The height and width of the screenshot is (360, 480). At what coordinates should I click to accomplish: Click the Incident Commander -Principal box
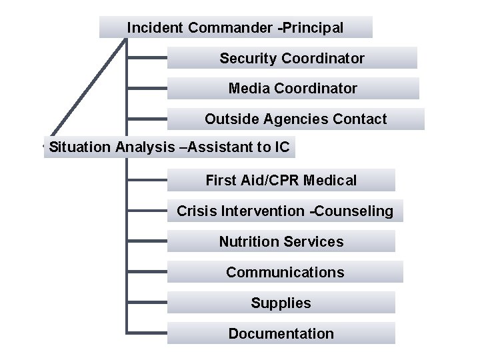tap(235, 27)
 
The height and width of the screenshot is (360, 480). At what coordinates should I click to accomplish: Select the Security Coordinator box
tap(292, 58)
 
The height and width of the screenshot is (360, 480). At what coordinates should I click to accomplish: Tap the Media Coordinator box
tap(293, 88)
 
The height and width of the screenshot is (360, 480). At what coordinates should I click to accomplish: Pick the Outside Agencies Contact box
tap(295, 119)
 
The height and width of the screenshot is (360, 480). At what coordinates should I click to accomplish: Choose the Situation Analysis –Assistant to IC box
tap(169, 147)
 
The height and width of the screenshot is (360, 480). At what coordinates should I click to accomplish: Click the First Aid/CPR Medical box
tap(281, 180)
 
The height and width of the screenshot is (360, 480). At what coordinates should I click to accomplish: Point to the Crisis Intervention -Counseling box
tap(285, 211)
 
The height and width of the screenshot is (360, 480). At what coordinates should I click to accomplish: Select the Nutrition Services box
tap(281, 241)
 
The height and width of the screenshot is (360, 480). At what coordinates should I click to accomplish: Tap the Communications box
tap(285, 272)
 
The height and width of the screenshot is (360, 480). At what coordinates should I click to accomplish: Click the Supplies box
tap(281, 303)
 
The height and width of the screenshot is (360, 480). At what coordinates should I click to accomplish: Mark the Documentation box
tap(281, 333)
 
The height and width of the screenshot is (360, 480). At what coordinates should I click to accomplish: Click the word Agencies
tap(293, 119)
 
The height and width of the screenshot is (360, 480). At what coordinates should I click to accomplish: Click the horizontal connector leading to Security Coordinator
tap(147, 58)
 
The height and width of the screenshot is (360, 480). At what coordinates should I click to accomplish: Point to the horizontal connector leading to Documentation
tap(147, 333)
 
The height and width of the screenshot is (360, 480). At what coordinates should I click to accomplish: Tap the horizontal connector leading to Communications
tap(147, 272)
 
